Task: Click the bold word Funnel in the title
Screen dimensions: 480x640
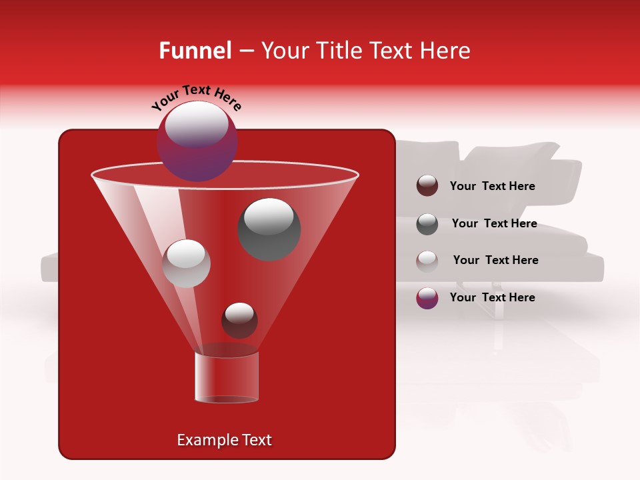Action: (195, 51)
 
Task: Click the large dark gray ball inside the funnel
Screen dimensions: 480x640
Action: (269, 229)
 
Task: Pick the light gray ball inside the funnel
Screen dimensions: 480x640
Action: (186, 263)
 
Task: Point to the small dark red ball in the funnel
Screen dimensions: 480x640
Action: (239, 320)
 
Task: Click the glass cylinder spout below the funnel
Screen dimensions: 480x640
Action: (227, 377)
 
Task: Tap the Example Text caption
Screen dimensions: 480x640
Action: (224, 440)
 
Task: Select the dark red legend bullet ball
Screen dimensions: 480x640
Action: (427, 185)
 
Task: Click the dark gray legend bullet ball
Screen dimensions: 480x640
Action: (427, 224)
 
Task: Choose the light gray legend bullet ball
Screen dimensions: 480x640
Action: (427, 261)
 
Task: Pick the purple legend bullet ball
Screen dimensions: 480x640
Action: (427, 298)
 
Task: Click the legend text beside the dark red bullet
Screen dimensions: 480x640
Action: (492, 186)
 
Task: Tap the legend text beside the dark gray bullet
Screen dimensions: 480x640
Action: (494, 223)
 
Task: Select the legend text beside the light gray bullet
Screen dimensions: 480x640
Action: (495, 260)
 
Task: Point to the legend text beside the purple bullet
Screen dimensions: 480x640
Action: (492, 297)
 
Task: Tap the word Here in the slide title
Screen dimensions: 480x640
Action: (445, 51)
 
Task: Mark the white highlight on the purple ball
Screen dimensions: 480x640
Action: (196, 123)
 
